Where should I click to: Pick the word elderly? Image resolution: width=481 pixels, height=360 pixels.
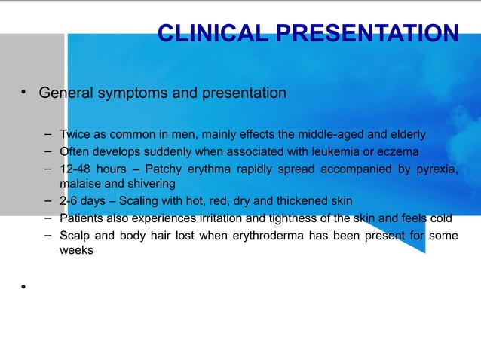coord(405,135)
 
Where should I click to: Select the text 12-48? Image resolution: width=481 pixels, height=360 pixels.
coord(76,169)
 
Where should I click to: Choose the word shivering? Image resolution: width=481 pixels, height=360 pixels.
coord(150,184)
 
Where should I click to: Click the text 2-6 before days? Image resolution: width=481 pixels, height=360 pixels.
coord(71,201)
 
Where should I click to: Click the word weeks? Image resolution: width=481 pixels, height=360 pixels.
coord(76,251)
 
